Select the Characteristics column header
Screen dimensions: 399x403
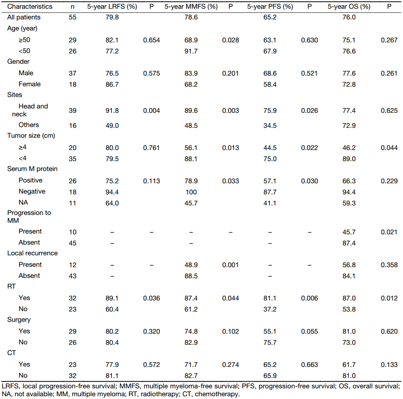[30, 7]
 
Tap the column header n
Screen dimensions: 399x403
[72, 7]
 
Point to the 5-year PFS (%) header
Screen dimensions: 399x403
[270, 7]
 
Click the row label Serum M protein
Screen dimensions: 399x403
[32, 169]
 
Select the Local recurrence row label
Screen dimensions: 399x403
[32, 253]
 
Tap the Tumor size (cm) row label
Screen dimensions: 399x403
[31, 136]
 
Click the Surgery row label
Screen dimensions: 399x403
[19, 320]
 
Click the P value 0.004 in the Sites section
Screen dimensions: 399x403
[152, 110]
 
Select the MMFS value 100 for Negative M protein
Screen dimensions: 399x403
[191, 192]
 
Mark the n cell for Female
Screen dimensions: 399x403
[72, 84]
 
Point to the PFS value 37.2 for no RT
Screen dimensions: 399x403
[270, 309]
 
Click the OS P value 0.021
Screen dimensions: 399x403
[389, 232]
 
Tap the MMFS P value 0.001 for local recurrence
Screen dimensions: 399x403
[230, 265]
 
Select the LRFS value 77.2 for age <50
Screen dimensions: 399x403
[112, 51]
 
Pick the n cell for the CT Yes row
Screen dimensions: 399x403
[72, 365]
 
